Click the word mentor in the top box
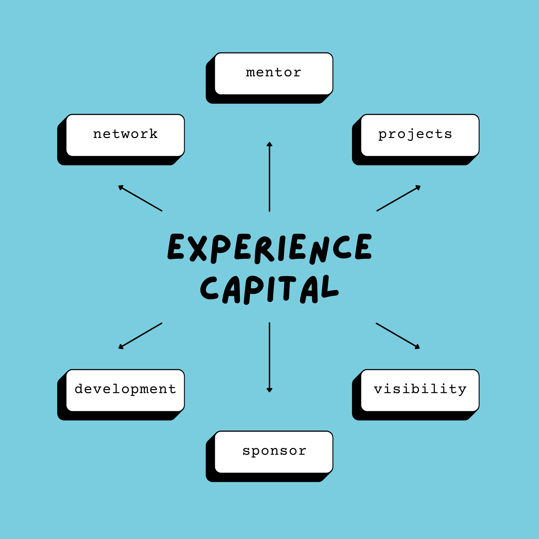point(273,72)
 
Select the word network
point(125,134)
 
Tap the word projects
point(415,134)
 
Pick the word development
point(125,389)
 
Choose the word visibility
point(420,389)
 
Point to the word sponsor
point(274,450)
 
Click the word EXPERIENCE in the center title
point(269,248)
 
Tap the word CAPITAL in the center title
point(269,290)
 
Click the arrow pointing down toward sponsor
point(269,357)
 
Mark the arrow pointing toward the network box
point(140,198)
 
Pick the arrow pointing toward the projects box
point(398,198)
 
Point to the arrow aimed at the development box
point(140,336)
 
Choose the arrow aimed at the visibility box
point(398,336)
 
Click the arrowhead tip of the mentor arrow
point(269,143)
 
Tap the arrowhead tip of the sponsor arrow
point(269,391)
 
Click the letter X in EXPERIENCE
point(198,248)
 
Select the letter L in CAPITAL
point(329,287)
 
